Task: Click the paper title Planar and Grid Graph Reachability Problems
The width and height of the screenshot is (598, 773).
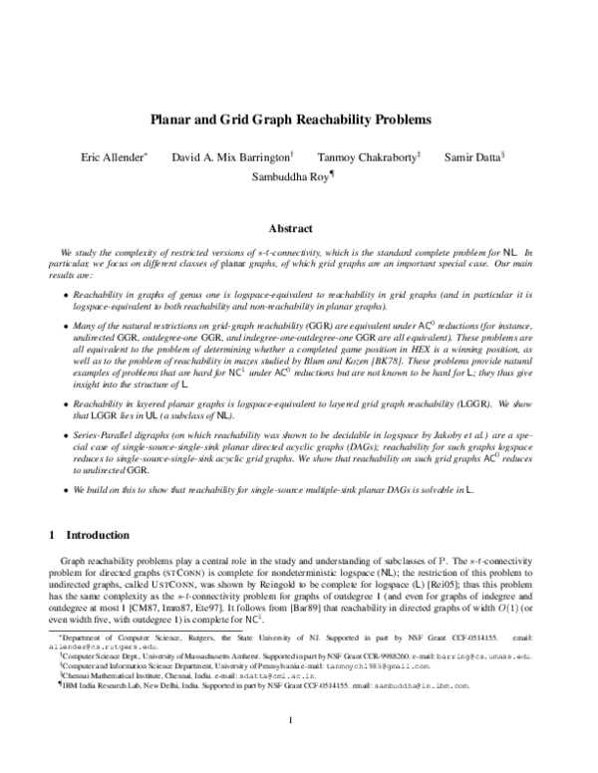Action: pos(290,120)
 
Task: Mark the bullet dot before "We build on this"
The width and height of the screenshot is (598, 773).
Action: pos(66,491)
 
